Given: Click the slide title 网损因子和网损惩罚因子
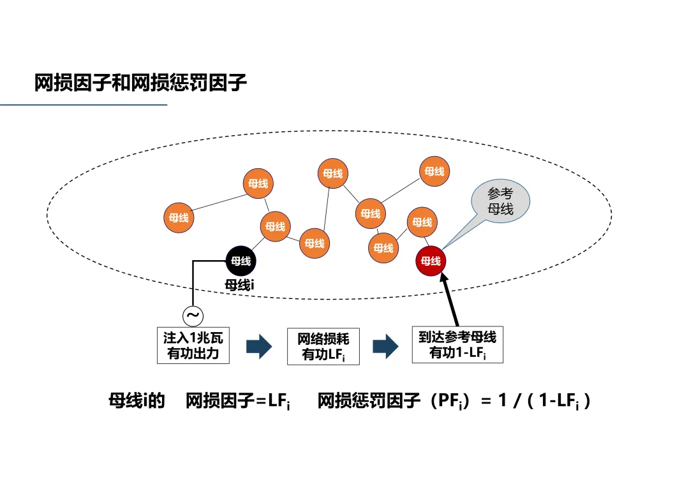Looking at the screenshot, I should (140, 83).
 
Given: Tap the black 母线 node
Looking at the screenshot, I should (241, 261).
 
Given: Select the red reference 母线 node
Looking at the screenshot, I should (431, 261).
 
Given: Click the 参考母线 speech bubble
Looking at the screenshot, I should (500, 201).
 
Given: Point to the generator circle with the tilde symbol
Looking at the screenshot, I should (193, 315).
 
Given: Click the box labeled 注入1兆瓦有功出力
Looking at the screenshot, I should (193, 345).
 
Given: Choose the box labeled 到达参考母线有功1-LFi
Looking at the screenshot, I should (457, 345).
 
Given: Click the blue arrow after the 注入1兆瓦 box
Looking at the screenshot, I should (259, 347).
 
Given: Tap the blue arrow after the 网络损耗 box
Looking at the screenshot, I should (385, 346).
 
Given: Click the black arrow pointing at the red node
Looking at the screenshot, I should (450, 300).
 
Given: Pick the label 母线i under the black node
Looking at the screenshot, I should (240, 285).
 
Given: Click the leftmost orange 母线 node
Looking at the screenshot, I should (179, 217).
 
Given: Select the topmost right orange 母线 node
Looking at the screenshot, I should (434, 171).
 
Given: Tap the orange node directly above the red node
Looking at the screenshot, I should (422, 222).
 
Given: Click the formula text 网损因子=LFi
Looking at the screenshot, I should (238, 402).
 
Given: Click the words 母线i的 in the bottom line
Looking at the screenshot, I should (137, 402).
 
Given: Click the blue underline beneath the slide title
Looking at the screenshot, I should (83, 105).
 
